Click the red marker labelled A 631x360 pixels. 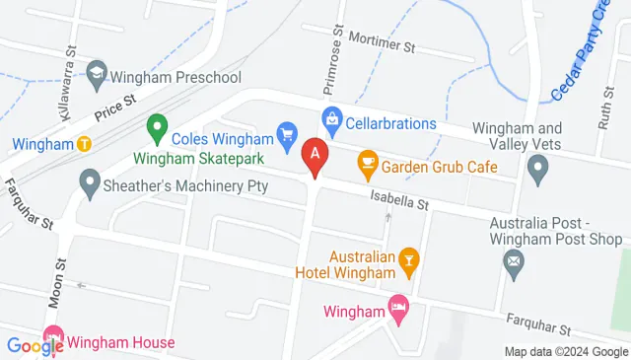315,155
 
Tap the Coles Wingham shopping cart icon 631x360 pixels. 287,132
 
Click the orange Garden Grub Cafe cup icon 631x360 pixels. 368,161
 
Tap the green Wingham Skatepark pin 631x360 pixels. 156,126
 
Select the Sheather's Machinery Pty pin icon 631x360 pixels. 90,182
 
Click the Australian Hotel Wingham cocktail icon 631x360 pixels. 407,259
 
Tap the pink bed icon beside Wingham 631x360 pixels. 398,308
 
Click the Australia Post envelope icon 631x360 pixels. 513,262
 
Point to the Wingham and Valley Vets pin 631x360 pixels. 538,173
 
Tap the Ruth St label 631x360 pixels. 604,111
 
